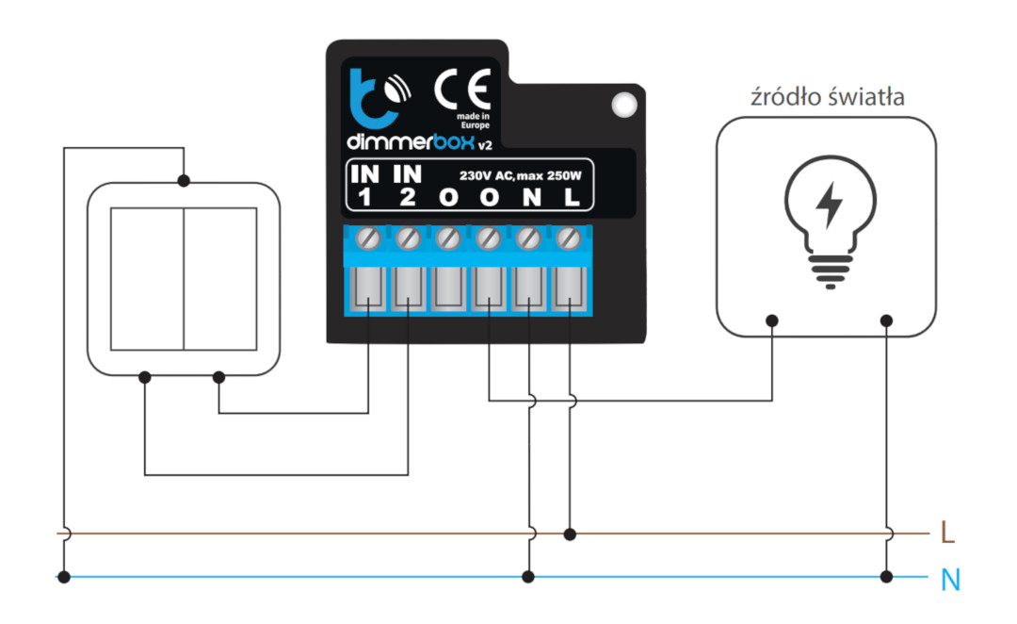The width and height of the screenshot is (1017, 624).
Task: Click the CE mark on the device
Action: click(x=461, y=90)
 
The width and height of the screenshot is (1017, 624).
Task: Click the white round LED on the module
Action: click(x=624, y=105)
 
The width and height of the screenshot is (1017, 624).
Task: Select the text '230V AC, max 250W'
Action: click(x=520, y=175)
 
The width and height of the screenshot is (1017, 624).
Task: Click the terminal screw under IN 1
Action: click(x=368, y=239)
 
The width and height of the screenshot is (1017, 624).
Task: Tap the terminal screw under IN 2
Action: click(x=408, y=239)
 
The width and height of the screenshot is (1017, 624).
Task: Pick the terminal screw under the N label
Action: click(x=528, y=239)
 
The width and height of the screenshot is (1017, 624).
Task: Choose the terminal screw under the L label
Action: click(x=569, y=239)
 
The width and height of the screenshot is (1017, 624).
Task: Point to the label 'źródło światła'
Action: click(x=828, y=97)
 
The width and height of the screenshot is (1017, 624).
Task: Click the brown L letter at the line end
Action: click(x=947, y=534)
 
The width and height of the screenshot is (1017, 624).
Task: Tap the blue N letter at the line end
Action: click(x=950, y=579)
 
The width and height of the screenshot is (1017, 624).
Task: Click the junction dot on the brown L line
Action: click(x=570, y=534)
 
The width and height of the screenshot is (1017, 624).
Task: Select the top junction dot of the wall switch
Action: click(x=184, y=181)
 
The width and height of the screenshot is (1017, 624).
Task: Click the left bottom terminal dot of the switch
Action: click(x=145, y=377)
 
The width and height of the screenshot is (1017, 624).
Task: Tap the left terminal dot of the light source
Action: click(x=772, y=320)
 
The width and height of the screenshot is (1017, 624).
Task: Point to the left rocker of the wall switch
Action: click(x=147, y=279)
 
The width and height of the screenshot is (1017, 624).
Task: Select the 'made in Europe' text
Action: click(x=474, y=121)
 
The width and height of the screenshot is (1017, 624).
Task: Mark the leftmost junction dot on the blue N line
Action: click(x=64, y=577)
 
